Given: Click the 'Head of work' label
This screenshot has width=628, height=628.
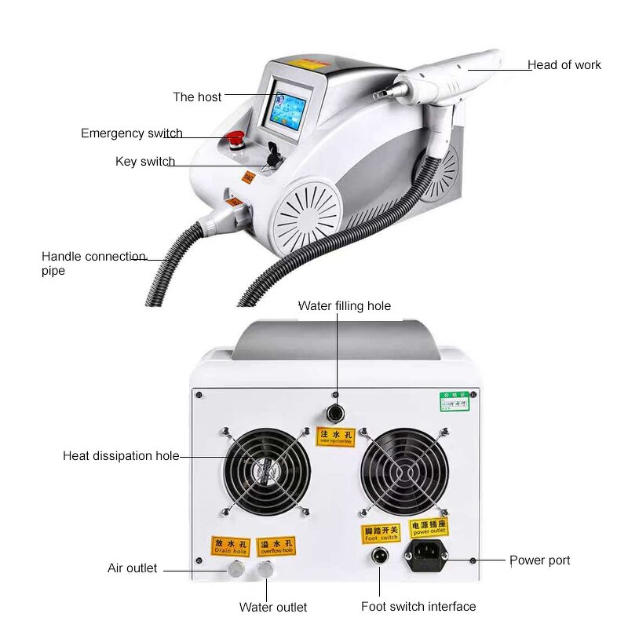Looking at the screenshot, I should [x=564, y=65].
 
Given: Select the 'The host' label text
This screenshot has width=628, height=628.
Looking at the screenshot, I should [x=197, y=97].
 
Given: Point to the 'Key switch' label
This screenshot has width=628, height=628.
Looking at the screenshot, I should [x=145, y=162].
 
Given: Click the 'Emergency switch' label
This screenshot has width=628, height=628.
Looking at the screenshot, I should [x=132, y=133].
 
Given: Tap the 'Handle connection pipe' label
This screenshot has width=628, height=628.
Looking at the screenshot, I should [x=93, y=263].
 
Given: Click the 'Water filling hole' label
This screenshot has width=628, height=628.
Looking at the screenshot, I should [x=344, y=306].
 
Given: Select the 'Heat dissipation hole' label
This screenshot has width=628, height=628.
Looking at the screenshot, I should [x=121, y=456].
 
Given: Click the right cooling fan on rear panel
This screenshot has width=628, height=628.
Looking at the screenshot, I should [x=403, y=471].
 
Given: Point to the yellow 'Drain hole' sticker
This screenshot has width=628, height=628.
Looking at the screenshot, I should [x=231, y=546].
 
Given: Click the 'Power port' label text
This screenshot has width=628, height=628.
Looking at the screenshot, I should [x=539, y=560].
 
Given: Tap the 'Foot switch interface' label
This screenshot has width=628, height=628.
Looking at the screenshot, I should [x=418, y=606].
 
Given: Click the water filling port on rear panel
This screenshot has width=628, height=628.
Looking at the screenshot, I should [x=336, y=412].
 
